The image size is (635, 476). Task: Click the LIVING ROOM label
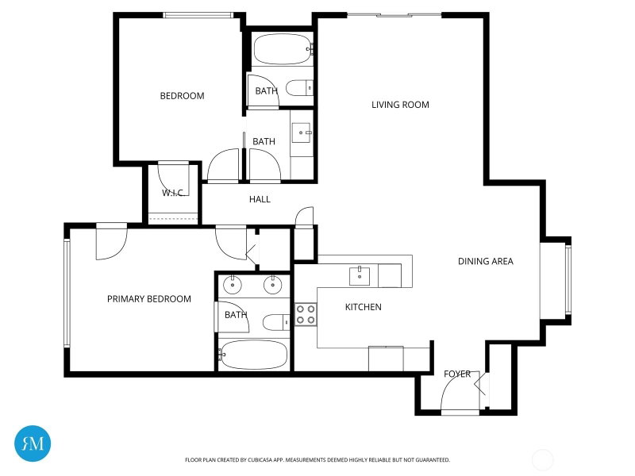pos(400,105)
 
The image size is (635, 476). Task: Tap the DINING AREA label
pos(486,262)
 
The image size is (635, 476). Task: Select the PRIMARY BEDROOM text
pos(149,299)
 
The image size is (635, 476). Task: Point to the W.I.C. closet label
pos(173,193)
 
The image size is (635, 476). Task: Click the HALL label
pos(260,199)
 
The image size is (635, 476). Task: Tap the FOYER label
pos(457,374)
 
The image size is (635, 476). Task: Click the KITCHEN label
pos(364,307)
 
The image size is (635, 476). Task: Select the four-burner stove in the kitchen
pos(306,315)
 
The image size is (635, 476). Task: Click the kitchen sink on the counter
pos(360,275)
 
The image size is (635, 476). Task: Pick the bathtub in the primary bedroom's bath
pos(253,355)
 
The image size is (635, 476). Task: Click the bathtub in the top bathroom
pos(283,49)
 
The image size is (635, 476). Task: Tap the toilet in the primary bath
pos(276,322)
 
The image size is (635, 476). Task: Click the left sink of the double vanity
pos(233,285)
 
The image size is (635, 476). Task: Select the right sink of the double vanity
pos(273,285)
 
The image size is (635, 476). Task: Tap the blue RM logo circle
pos(33,443)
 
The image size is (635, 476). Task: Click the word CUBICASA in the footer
pos(263,460)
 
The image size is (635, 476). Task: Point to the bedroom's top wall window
pos(198,15)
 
